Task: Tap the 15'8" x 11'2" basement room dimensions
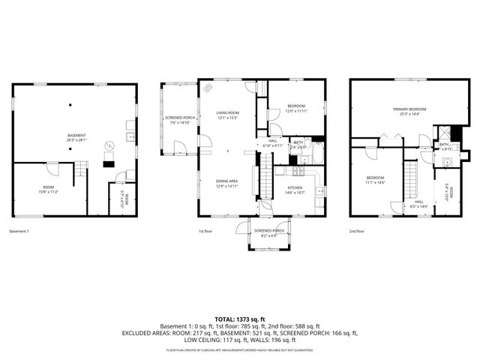[x=48, y=191]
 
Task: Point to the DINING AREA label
[x=227, y=181]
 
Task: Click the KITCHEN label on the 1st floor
[x=295, y=187]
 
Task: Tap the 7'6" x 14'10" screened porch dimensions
[x=180, y=122]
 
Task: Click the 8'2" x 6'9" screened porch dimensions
[x=267, y=236]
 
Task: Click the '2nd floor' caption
[x=357, y=232]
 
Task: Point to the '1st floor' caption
[x=205, y=232]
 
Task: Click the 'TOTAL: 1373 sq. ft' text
[x=239, y=319]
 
